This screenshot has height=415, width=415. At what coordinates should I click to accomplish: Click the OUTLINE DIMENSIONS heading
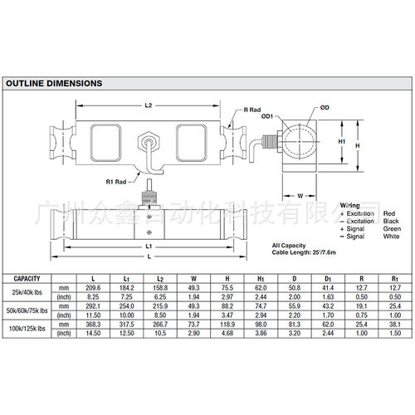(54, 84)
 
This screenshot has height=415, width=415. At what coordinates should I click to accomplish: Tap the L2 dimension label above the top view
(149, 106)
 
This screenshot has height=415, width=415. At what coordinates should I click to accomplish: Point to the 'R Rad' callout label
(254, 110)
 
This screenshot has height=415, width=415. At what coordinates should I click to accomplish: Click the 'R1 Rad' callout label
(115, 181)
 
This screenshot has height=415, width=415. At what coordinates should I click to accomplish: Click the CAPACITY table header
(25, 278)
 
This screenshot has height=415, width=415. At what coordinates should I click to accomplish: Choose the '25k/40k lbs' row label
(27, 291)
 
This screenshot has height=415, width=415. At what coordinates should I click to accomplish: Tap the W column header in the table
(194, 278)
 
